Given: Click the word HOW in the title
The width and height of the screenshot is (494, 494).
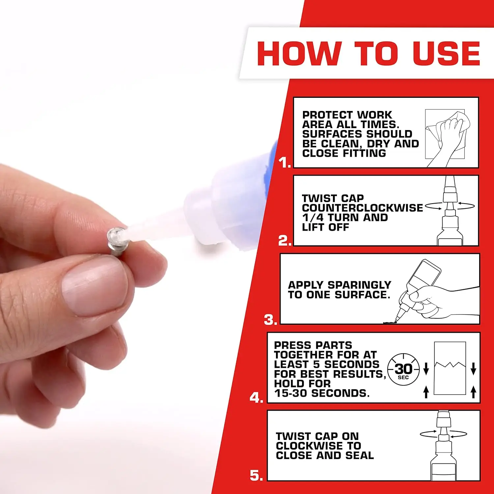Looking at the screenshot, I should pos(298,53).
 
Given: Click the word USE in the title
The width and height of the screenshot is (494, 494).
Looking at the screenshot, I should pos(446,53).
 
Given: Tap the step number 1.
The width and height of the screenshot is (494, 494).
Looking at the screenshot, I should pos(284,162).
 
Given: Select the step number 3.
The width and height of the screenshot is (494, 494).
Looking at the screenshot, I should pos(270,320).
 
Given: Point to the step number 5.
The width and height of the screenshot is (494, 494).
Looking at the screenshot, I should pos(256,475).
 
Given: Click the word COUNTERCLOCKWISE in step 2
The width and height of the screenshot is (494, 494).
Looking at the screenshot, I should pos(362,208).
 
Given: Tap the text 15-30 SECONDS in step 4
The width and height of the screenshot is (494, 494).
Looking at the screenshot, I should pos(322,393).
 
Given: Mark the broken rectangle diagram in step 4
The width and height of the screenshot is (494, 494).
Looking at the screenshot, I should pos(450,368).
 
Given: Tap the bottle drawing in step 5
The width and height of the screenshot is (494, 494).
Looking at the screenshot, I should pos(443,448).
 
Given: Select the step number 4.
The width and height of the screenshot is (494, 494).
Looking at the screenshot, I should pos(256,398).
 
